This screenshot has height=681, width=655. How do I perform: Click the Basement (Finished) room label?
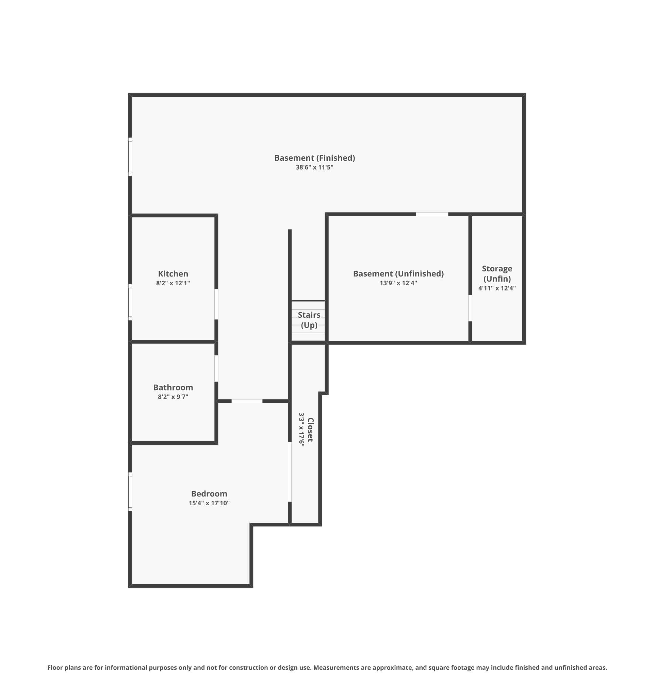(314, 158)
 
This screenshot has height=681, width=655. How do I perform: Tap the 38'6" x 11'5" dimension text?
(314, 167)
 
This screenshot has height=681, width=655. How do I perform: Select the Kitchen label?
(173, 273)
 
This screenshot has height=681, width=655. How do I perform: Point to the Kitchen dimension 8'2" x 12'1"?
(173, 283)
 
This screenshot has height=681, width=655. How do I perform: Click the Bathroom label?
(173, 387)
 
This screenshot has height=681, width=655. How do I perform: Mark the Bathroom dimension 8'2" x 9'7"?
(173, 396)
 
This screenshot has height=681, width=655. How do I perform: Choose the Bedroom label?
(209, 493)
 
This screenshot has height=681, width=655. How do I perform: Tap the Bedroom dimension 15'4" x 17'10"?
(209, 503)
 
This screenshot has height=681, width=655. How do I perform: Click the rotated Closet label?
(310, 430)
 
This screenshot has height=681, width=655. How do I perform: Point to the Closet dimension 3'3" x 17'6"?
(301, 429)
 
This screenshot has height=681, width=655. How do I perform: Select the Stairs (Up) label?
(309, 320)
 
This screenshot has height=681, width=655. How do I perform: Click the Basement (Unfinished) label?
(398, 273)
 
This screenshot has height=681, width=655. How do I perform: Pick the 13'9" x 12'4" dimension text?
(398, 283)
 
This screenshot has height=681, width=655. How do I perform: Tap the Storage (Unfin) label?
(497, 273)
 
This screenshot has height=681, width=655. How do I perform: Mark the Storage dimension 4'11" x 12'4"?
(497, 288)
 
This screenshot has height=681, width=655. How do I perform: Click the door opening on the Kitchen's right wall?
(216, 304)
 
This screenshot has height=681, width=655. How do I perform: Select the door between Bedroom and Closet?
(290, 472)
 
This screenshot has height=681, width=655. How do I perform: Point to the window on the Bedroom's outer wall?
(130, 491)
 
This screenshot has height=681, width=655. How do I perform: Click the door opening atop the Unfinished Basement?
(431, 214)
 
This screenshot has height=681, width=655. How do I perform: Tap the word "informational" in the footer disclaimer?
(126, 667)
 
